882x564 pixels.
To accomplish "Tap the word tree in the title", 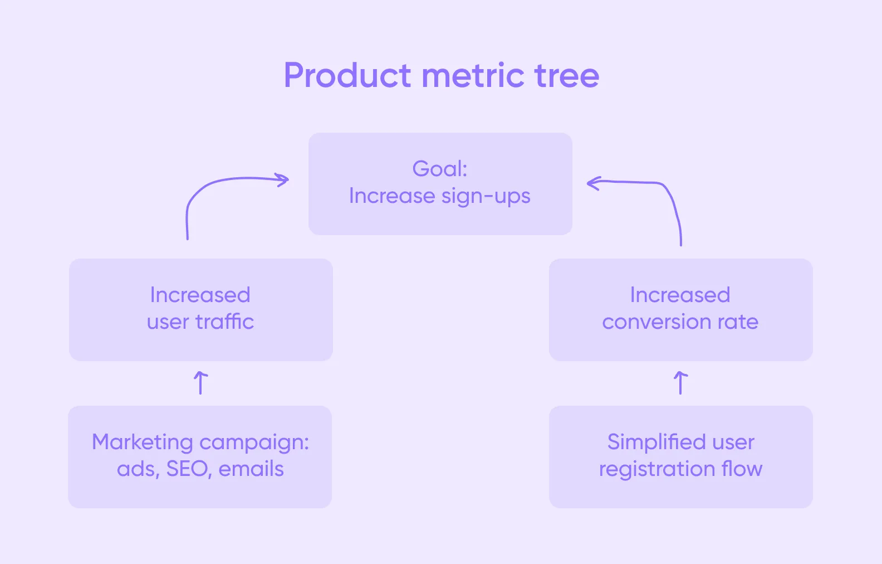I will point(566,75).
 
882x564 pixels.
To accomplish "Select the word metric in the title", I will point(473,75).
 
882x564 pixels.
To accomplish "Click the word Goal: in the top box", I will point(440,168).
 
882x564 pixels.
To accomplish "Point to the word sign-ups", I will point(486,197).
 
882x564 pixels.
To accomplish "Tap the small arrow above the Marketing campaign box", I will point(200,383).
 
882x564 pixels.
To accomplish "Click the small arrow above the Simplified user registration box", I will point(680,383).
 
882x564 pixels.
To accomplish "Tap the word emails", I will point(251,469).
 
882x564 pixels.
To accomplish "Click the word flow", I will point(742,469).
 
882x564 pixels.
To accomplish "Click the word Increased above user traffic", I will point(200,295).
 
